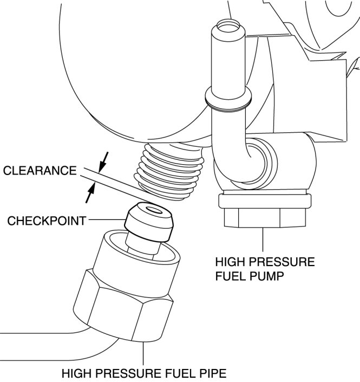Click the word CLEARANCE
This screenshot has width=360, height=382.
[x=40, y=171]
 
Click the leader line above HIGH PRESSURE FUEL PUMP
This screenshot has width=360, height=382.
[x=263, y=241]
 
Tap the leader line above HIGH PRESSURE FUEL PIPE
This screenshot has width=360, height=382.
[x=143, y=353]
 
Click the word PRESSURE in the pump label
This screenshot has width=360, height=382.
[x=284, y=262]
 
